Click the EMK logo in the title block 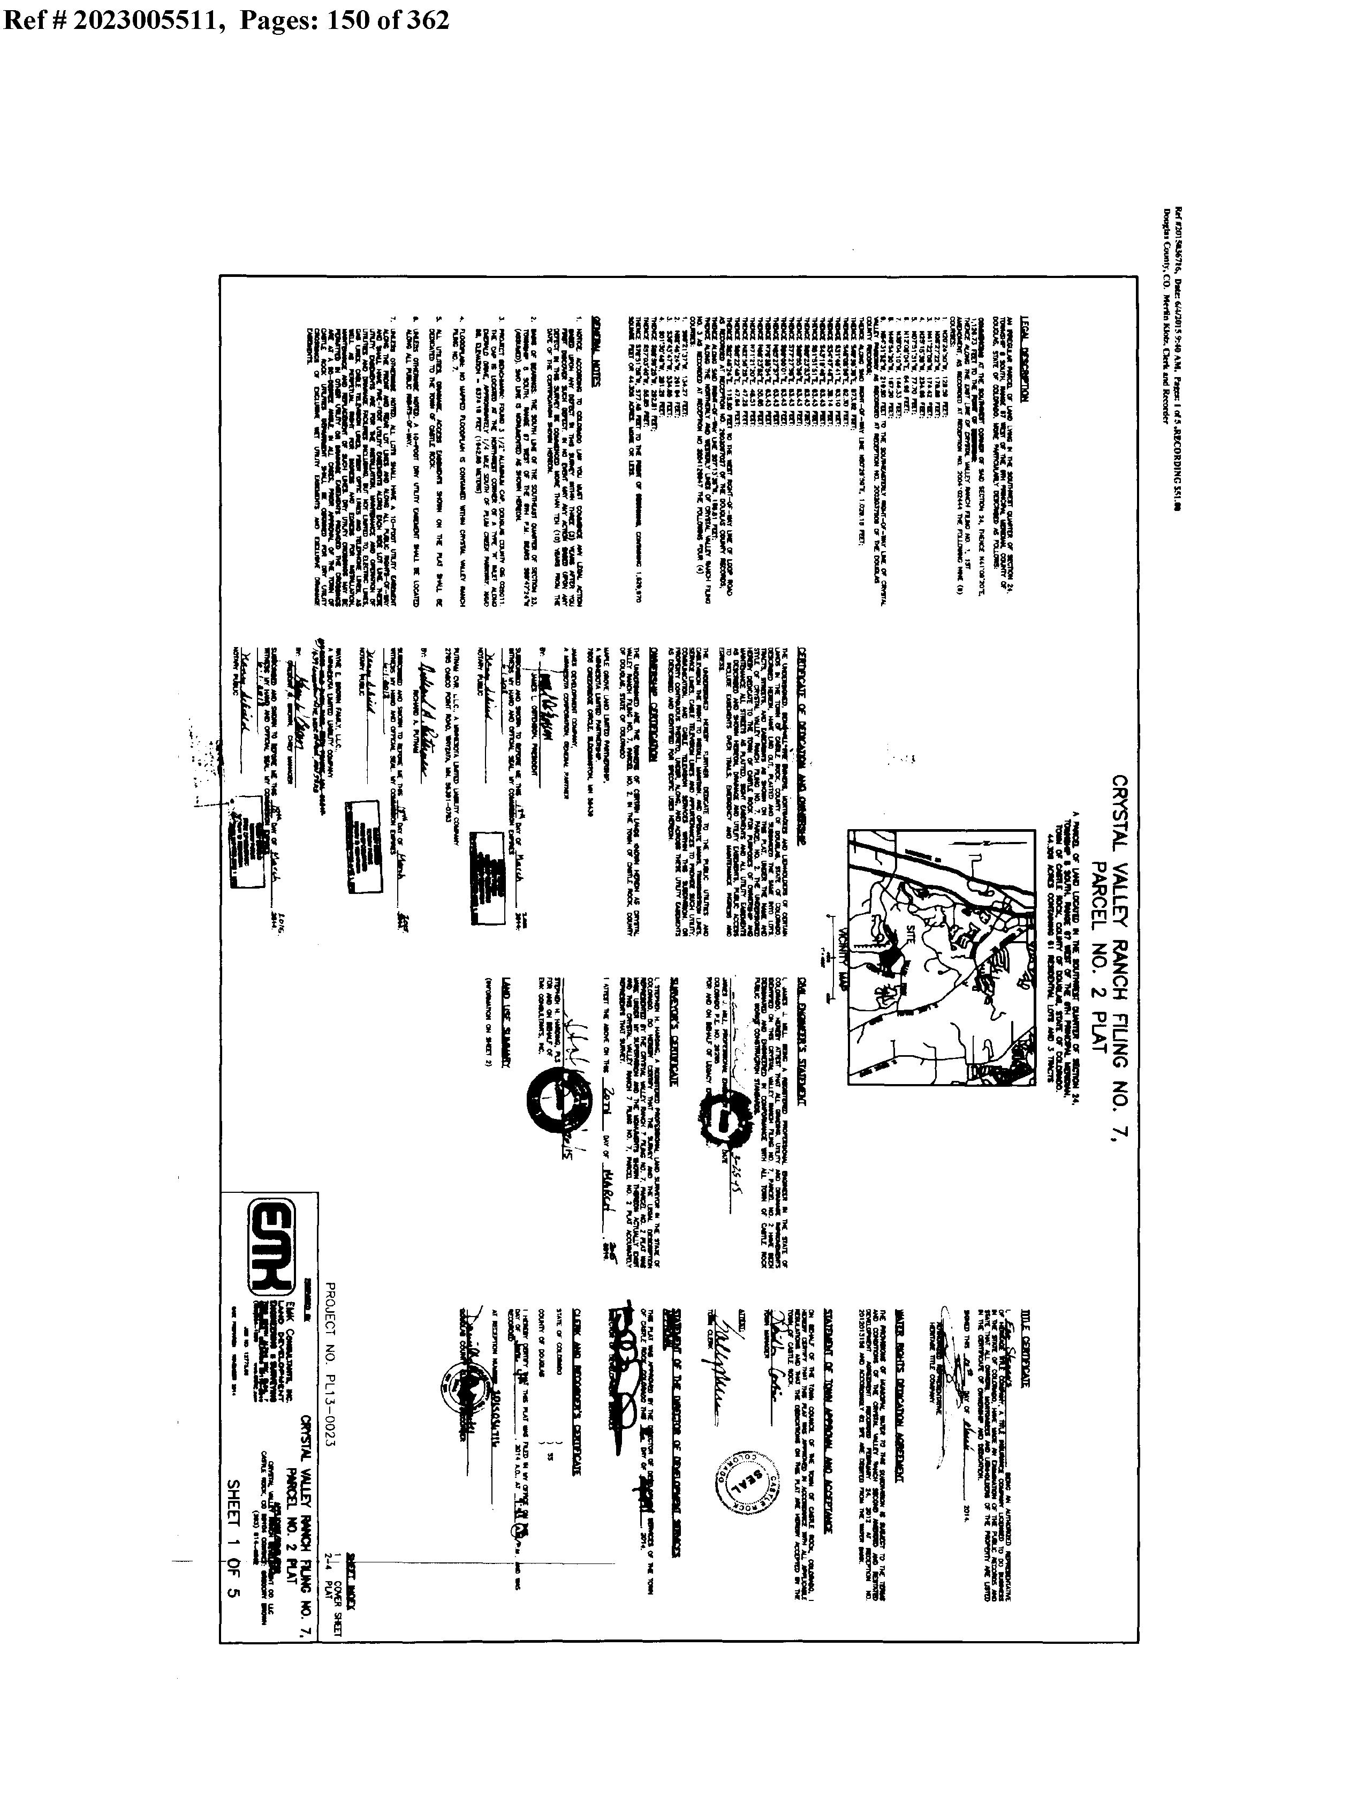tap(271, 1282)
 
